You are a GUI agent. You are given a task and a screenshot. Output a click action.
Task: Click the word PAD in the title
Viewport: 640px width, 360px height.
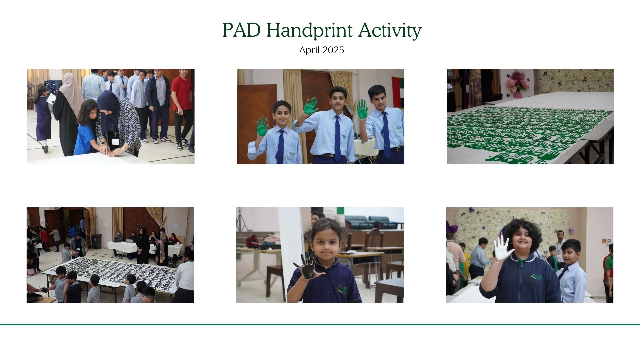(x=242, y=30)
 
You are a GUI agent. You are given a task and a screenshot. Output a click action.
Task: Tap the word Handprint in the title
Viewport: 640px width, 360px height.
(x=310, y=31)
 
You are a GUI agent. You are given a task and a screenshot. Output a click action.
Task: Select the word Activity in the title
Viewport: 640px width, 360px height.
(x=390, y=31)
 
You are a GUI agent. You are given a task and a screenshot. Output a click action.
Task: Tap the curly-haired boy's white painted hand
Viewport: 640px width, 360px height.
(x=503, y=249)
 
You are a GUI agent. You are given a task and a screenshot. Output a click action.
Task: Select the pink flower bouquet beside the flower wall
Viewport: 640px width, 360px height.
(x=517, y=82)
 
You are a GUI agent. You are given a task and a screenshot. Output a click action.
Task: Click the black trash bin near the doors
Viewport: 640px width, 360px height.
(x=96, y=241)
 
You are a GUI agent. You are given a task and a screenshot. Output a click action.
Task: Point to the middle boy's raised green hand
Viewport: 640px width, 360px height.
(x=311, y=106)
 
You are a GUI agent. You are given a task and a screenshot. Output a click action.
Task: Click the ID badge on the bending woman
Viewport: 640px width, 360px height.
(x=115, y=141)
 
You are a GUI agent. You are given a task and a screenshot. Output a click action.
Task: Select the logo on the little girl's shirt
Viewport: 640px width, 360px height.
(x=343, y=290)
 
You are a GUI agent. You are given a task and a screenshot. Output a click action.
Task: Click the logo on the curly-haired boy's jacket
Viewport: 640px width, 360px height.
(x=536, y=277)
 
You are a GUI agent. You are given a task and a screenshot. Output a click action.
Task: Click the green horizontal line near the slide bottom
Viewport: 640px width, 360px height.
(x=320, y=324)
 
